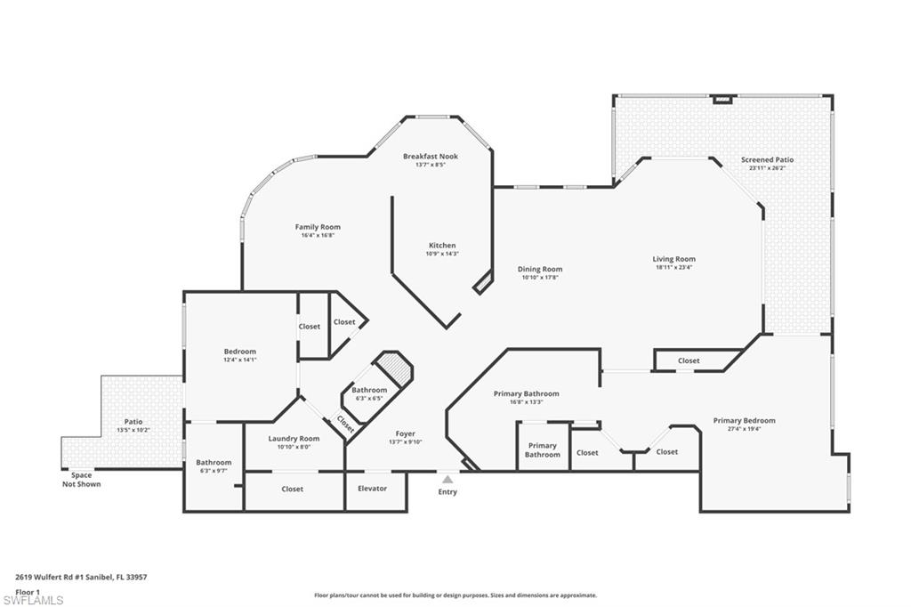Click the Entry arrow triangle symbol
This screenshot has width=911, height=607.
(x=447, y=480)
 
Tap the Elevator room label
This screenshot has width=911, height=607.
(x=372, y=489)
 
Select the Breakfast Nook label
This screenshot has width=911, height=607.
(x=430, y=157)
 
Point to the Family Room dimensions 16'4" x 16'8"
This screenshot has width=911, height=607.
(x=318, y=236)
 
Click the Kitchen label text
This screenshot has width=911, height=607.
(x=442, y=246)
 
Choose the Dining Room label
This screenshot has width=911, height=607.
(x=540, y=269)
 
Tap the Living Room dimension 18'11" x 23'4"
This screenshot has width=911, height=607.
(x=673, y=267)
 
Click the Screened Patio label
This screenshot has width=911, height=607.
(x=767, y=160)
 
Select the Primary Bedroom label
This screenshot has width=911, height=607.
(x=744, y=420)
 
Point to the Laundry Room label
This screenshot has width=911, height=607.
(x=294, y=438)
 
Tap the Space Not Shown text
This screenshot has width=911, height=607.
(x=81, y=480)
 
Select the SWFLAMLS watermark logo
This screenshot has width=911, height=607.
(x=33, y=600)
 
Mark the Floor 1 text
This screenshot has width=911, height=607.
(x=28, y=591)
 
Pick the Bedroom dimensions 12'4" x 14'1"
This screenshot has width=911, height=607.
(x=239, y=360)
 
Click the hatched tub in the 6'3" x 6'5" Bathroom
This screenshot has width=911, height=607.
(x=394, y=367)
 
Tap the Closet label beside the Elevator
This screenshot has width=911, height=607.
(x=292, y=489)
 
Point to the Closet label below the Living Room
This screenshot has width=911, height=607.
(x=689, y=360)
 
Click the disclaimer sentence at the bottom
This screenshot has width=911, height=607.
(x=455, y=595)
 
